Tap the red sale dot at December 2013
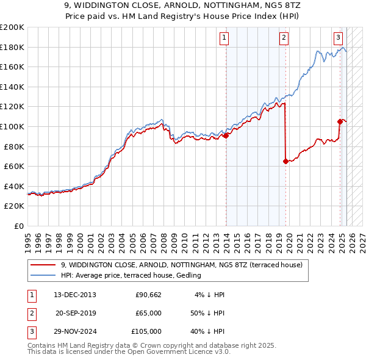226,135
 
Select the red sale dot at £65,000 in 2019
285,161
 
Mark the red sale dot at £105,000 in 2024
340,121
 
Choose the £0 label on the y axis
18,226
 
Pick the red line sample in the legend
43,265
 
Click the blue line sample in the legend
43,275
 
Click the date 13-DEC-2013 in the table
75,295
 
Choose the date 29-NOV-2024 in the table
75,331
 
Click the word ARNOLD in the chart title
162,5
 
